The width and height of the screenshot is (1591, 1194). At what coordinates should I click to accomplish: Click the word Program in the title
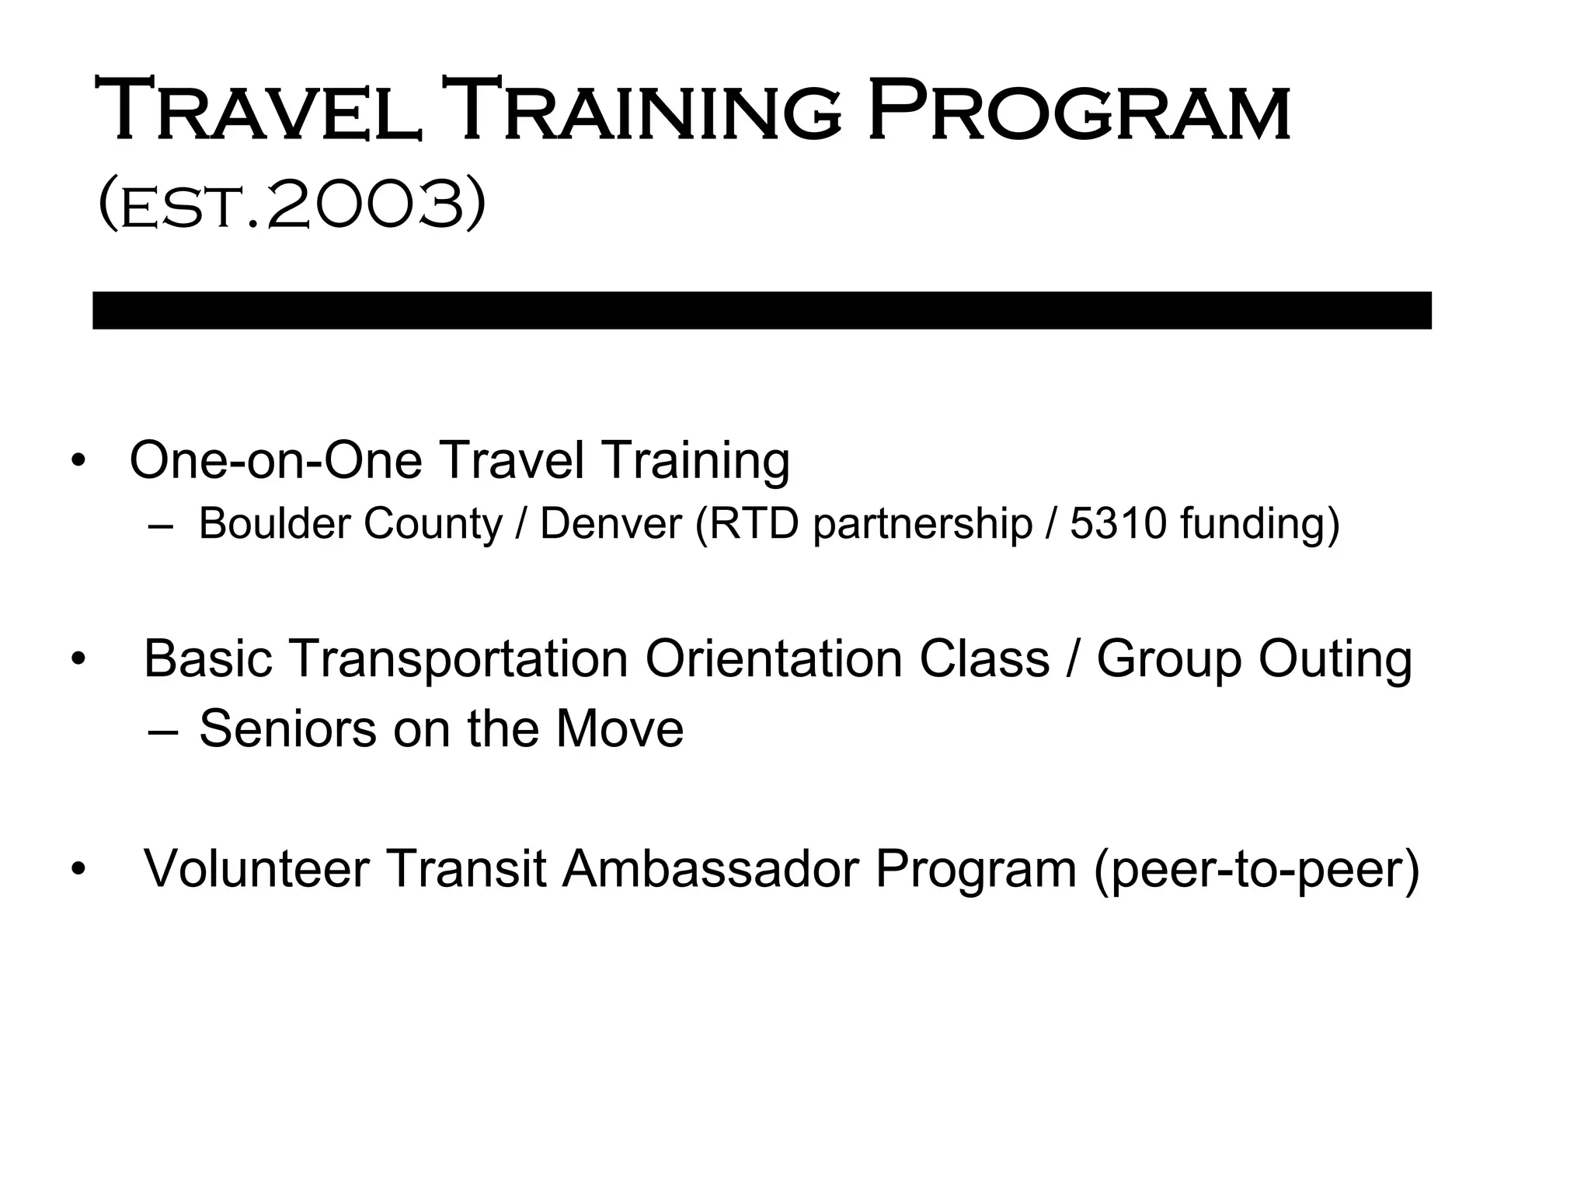[x=1078, y=110]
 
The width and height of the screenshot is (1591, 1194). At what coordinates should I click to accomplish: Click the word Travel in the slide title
[x=259, y=110]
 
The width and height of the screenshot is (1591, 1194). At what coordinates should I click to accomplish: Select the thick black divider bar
[x=761, y=310]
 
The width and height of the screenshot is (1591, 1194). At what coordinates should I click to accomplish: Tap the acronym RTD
[x=754, y=524]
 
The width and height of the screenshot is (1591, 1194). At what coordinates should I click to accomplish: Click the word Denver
[x=611, y=524]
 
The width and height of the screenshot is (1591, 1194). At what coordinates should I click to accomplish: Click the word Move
[x=619, y=729]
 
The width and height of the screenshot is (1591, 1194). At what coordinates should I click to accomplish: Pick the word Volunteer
[x=256, y=868]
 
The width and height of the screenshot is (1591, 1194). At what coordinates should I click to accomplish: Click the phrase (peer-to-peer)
[x=1256, y=870]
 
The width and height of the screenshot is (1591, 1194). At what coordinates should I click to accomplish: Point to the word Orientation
[x=773, y=659]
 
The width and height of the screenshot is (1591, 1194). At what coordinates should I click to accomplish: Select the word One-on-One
[x=275, y=460]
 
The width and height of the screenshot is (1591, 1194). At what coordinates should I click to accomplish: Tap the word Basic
[x=207, y=659]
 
